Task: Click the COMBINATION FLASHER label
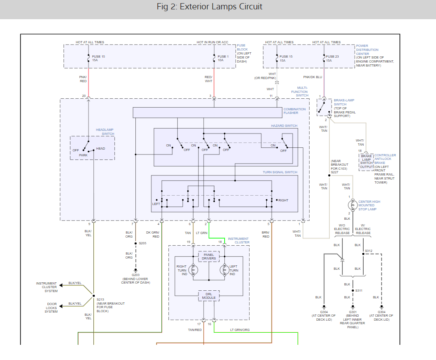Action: pos(295,111)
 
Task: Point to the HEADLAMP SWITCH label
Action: pos(105,132)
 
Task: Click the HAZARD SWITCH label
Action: pos(284,126)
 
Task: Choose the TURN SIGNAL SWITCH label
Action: pos(280,172)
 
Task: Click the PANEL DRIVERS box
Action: pos(209,256)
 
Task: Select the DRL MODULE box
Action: pos(209,296)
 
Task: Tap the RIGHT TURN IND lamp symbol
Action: pos(193,270)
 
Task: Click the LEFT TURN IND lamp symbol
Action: pos(223,270)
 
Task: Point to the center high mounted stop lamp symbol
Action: pos(352,205)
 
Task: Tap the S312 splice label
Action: pos(368,251)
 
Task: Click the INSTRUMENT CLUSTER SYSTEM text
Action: pos(46,287)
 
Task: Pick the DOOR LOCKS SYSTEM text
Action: pos(51,308)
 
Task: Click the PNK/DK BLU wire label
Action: pos(312,77)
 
